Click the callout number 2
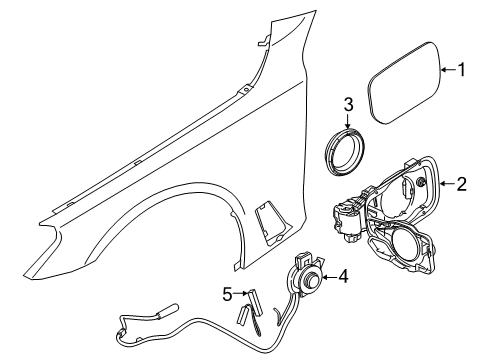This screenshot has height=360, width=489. point(462,184)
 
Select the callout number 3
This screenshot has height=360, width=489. point(349,104)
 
